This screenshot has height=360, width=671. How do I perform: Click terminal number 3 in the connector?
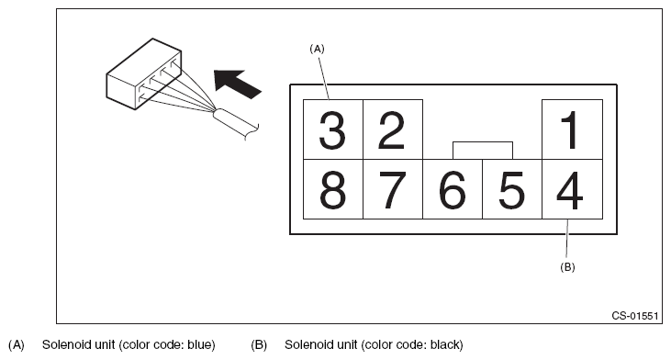point(333,129)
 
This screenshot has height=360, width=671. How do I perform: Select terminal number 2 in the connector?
point(393,129)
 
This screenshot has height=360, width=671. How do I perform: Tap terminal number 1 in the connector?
point(572,129)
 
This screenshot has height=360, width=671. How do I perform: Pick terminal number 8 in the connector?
point(333,189)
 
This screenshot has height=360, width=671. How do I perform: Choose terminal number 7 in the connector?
point(393,189)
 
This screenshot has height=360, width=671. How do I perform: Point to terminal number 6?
point(453,189)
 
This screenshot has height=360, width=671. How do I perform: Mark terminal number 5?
point(512,189)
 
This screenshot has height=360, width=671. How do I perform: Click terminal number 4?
point(572,189)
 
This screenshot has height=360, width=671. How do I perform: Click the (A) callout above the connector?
point(317,50)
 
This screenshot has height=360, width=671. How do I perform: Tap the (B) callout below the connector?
point(567,267)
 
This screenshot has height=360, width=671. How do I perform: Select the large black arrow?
point(237,84)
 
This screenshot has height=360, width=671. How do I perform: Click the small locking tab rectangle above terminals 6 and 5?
point(483,151)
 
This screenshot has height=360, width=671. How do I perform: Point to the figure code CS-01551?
point(634,316)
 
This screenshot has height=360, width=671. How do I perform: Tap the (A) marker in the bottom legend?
point(17,345)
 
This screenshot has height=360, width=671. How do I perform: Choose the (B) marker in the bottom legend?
point(259,345)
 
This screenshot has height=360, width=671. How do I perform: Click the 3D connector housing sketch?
point(144,74)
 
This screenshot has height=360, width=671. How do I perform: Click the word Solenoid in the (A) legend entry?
point(62,344)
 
